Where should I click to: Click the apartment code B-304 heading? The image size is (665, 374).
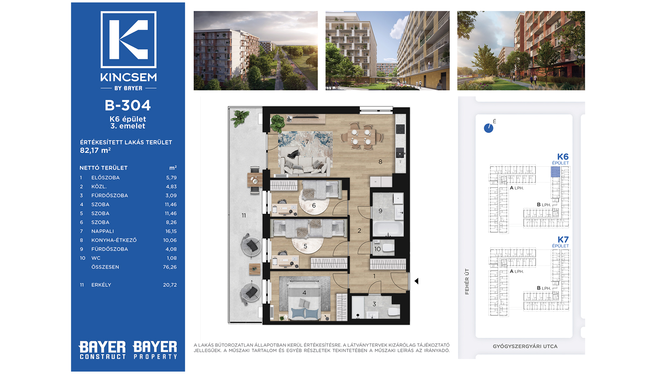click(128, 105)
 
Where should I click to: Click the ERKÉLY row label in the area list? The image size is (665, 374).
click(101, 285)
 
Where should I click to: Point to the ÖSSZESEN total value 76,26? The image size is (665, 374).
click(170, 267)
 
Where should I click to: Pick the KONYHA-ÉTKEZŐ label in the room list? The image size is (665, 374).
click(114, 240)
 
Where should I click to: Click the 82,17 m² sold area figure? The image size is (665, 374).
click(95, 150)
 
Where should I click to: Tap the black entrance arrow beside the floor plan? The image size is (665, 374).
click(417, 281)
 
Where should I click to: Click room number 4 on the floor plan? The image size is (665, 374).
click(304, 293)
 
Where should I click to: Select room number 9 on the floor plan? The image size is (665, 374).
click(380, 211)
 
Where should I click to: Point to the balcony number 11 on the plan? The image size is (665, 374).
click(244, 215)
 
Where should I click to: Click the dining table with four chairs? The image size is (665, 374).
click(361, 136)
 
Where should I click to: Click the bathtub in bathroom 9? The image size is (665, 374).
click(388, 229)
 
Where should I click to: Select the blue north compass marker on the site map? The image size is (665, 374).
click(488, 128)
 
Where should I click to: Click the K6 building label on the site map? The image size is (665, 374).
click(562, 157)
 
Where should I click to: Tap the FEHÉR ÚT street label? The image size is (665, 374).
click(467, 281)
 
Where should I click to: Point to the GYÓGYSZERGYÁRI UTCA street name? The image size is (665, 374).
click(525, 346)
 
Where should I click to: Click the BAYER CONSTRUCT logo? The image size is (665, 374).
click(103, 350)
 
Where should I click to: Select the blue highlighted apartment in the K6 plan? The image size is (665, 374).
click(555, 172)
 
